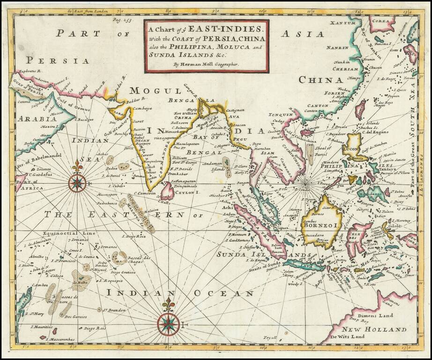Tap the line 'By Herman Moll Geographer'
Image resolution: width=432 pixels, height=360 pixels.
(206, 63)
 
